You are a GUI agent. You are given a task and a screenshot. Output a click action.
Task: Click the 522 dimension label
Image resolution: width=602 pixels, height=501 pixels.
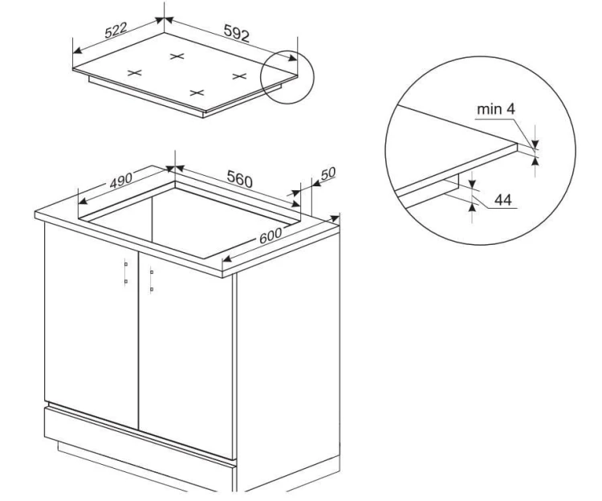point(116,30)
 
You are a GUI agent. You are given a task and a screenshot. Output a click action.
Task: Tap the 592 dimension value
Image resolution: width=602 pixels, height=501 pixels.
point(237,33)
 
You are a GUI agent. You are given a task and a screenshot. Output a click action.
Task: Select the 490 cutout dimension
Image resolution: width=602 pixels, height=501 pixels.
point(121,181)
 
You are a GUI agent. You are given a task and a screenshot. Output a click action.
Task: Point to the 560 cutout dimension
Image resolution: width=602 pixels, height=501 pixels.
point(239,179)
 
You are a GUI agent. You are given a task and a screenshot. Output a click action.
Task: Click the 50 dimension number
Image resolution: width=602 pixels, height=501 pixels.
point(327,173)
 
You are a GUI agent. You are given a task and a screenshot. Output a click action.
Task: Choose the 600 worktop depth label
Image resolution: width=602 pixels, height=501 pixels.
point(270,235)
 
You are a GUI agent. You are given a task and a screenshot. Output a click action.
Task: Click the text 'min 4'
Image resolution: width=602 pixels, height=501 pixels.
point(496,109)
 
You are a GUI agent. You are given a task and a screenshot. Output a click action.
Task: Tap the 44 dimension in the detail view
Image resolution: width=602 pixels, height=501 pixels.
point(503,200)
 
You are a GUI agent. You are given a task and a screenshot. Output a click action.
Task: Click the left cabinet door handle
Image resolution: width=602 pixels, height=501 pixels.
point(125,273)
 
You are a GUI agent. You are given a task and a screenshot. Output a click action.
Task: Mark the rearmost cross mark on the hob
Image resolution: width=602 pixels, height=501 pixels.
point(177,56)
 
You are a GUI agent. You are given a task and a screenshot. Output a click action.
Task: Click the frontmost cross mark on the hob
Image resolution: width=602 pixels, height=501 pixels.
point(197,92)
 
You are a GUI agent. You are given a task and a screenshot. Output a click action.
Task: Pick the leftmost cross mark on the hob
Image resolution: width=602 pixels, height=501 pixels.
point(135,72)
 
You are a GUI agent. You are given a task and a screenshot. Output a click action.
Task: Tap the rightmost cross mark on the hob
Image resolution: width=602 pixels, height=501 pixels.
point(239,76)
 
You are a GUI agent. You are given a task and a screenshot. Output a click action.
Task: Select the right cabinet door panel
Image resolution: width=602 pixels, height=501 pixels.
point(186,355)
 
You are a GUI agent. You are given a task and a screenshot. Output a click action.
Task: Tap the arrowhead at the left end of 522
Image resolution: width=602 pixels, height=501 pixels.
point(77,51)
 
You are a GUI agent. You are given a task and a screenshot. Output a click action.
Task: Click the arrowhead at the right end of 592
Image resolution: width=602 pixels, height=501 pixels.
point(293,58)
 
